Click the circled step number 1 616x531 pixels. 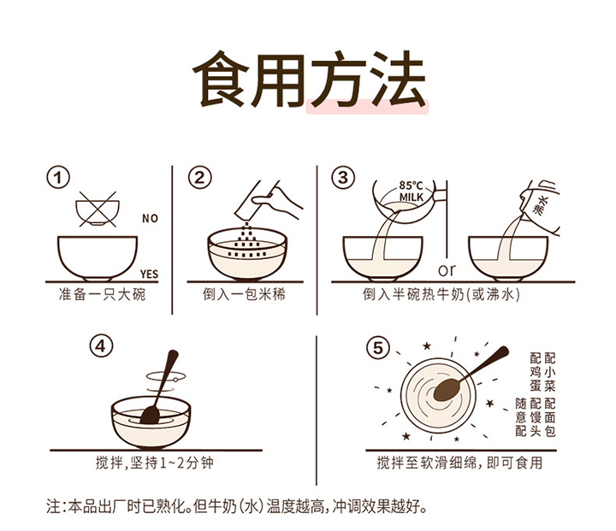point(58,178)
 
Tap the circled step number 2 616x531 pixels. point(199,178)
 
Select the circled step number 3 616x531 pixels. point(343,177)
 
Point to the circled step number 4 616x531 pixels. point(101,347)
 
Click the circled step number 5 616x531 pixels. point(377,348)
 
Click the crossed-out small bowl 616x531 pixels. point(98,209)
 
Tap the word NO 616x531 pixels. point(150,218)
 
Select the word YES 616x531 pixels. point(149,274)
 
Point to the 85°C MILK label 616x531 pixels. point(411,192)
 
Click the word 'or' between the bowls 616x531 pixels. point(447,270)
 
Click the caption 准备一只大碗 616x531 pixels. point(102,294)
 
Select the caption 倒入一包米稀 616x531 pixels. point(244,294)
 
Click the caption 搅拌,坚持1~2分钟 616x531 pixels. point(154,463)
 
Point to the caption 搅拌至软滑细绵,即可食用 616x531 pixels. point(459,463)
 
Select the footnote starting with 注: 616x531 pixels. point(236,506)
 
